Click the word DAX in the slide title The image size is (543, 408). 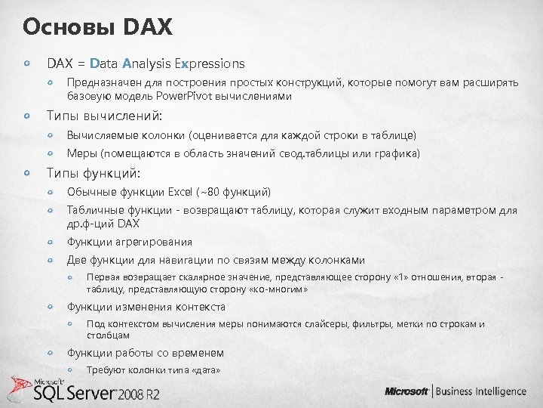point(147,28)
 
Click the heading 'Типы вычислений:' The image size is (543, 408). point(105,116)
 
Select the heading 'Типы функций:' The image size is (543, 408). point(94,173)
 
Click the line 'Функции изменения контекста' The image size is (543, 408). point(146,306)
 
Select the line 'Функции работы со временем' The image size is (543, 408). point(146,353)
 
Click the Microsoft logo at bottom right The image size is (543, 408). point(407,391)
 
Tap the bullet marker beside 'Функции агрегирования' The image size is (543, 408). point(52,242)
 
